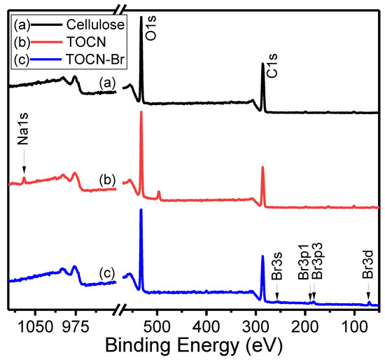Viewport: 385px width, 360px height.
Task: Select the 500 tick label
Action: [x=157, y=326]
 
